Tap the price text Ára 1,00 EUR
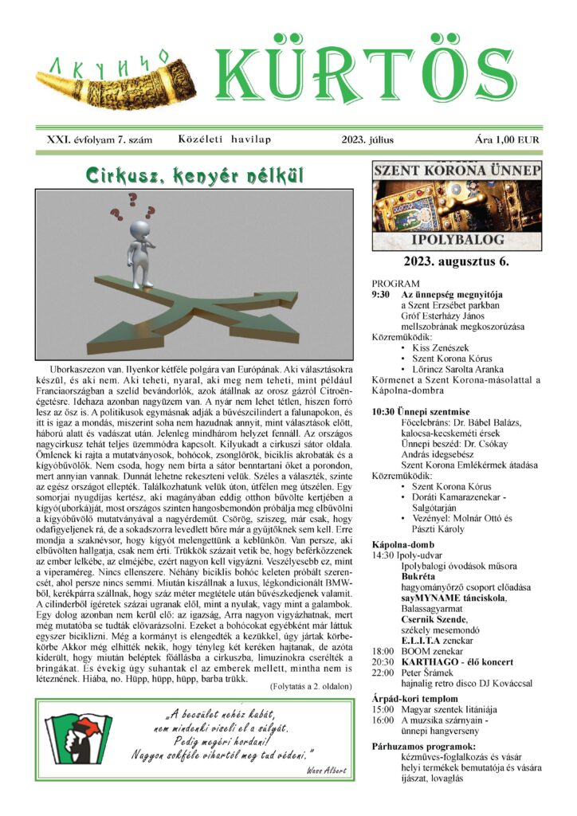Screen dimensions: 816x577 pos(507,139)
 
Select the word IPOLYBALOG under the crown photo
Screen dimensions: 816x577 pos(457,239)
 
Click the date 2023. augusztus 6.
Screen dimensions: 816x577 pos(457,261)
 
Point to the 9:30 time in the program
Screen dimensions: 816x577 pos(383,294)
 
